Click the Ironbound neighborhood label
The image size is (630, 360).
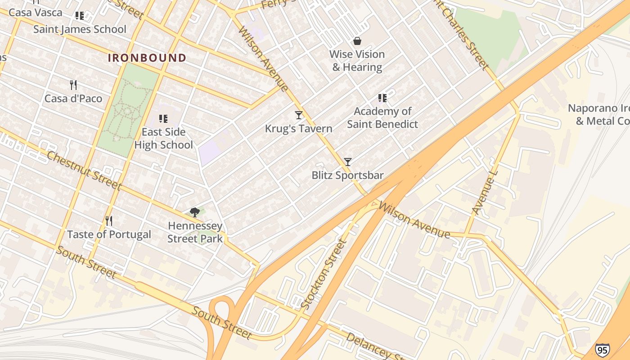tap(147, 58)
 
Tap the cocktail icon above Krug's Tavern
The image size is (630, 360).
tap(298, 115)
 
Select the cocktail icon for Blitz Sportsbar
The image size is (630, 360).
tap(347, 162)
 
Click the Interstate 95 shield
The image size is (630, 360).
tap(602, 349)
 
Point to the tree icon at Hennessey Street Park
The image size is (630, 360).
tap(195, 212)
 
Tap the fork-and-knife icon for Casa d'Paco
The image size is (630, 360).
tap(73, 85)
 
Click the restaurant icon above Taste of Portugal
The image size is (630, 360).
tap(108, 220)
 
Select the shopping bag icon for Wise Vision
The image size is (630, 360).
tap(357, 41)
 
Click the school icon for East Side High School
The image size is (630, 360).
tap(163, 119)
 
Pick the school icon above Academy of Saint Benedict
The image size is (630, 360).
tap(382, 98)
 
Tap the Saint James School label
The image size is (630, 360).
tap(80, 29)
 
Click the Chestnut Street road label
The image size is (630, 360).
tap(84, 171)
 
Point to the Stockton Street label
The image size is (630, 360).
tap(324, 274)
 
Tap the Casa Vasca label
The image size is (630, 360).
tap(36, 13)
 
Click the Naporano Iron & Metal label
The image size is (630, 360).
tap(598, 115)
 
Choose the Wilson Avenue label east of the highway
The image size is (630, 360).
tap(414, 220)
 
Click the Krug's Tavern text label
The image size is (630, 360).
tap(298, 129)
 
